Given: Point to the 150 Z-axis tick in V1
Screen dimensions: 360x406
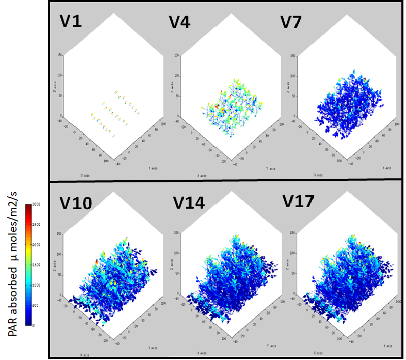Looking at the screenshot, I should click(60, 55).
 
